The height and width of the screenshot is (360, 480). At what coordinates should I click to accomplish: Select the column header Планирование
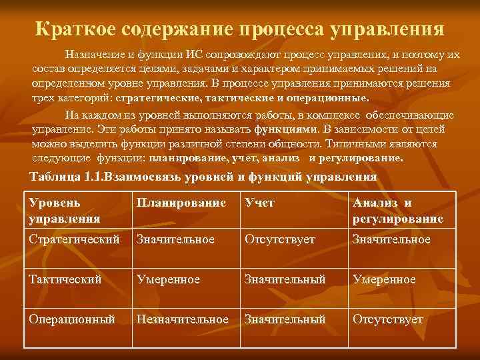[x=181, y=203]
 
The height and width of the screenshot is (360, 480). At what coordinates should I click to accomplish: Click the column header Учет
[x=259, y=203]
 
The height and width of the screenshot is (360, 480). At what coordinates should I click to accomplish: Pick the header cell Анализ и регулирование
[x=398, y=211]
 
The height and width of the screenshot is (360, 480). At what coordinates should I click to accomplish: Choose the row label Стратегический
[x=74, y=239]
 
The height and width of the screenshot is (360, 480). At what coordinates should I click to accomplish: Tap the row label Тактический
[x=65, y=279]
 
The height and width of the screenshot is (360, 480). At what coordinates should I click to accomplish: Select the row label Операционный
[x=71, y=320]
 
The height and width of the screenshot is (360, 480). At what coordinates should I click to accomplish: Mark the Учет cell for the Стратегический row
[x=280, y=239]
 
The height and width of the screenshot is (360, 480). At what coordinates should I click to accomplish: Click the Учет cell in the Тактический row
[x=285, y=279]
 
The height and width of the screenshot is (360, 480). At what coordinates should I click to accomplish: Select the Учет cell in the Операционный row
[x=285, y=320]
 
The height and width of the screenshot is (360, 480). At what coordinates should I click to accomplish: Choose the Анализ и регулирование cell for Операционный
[x=389, y=320]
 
